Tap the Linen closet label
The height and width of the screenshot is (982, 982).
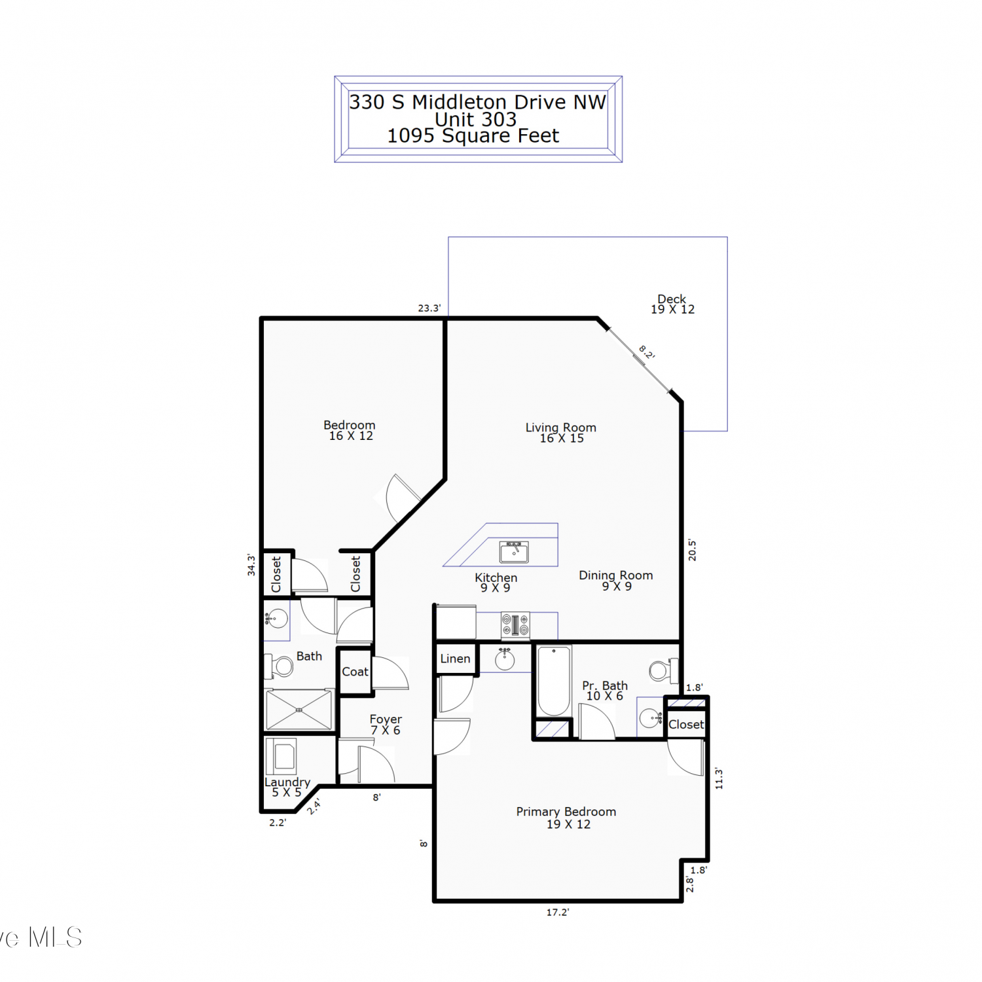[x=455, y=659]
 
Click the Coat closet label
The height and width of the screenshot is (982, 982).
[x=355, y=672]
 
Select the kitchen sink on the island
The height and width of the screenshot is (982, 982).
[x=514, y=552]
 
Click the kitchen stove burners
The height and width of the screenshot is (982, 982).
[x=515, y=625]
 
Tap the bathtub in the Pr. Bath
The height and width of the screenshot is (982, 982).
[x=554, y=681]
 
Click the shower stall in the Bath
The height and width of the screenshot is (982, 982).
[x=299, y=709]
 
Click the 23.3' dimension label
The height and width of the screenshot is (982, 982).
[x=429, y=308]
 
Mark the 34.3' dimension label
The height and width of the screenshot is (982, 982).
[x=251, y=564]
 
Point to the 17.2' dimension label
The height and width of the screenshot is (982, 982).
[x=558, y=912]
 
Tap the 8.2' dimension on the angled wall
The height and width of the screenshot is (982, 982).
[x=647, y=352]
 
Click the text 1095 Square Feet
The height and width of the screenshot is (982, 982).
[x=473, y=136]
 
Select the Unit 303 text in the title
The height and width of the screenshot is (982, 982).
[x=476, y=119]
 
